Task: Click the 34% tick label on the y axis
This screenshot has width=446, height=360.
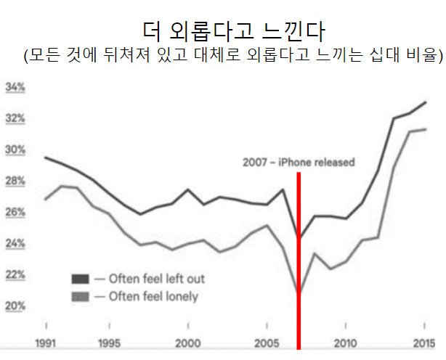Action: [15, 87]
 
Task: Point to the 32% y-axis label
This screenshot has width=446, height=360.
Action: [15, 118]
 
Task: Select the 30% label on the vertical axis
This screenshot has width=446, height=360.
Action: [15, 150]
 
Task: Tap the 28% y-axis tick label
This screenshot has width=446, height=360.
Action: [15, 181]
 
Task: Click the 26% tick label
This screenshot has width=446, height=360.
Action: [15, 212]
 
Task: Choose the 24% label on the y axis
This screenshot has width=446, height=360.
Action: [15, 243]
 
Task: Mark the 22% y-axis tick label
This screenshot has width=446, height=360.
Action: [15, 274]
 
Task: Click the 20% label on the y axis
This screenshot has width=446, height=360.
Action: [15, 306]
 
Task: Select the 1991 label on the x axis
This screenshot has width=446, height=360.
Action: [46, 342]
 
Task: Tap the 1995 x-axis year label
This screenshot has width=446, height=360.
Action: [110, 342]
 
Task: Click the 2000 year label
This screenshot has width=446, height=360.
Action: [189, 342]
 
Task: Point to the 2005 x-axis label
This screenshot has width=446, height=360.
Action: [268, 342]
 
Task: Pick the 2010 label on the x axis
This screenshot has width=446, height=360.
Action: [346, 342]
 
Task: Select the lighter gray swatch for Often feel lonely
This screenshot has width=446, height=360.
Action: [80, 296]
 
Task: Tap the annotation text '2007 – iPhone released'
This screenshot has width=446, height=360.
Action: [299, 163]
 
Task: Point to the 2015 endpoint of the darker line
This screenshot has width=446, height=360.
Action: [426, 102]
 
